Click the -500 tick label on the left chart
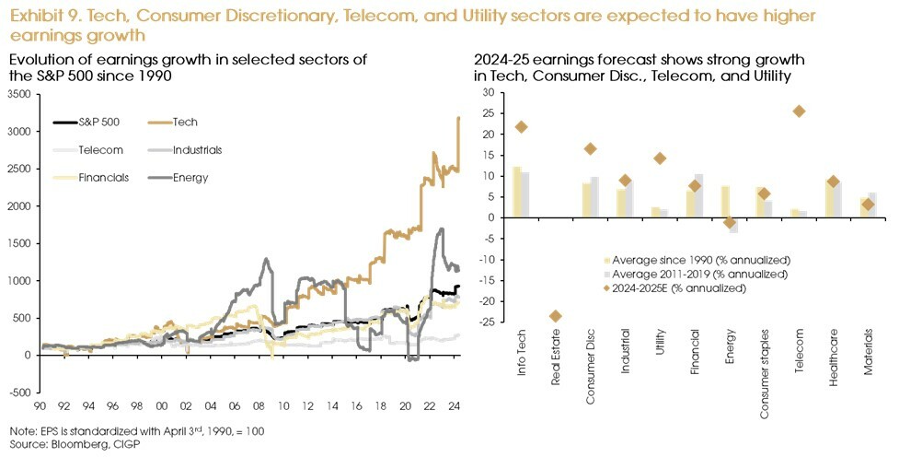[16, 393]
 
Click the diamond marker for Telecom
[799, 111]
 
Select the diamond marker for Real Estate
[555, 316]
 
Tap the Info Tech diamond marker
[521, 127]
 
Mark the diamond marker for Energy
[730, 223]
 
